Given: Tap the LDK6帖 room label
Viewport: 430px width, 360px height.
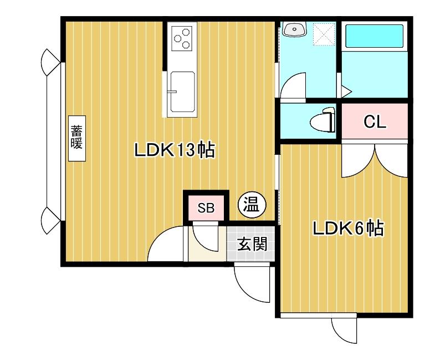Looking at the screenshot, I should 347,229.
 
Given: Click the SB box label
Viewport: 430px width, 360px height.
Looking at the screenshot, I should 206,209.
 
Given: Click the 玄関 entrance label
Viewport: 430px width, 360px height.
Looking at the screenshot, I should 253,244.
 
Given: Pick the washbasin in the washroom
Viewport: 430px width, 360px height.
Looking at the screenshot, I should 294,29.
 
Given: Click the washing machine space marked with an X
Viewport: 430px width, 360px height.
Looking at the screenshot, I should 324,34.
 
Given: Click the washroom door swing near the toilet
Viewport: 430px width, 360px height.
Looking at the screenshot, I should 294,88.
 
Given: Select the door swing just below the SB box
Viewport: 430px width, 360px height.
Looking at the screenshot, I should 207,237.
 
